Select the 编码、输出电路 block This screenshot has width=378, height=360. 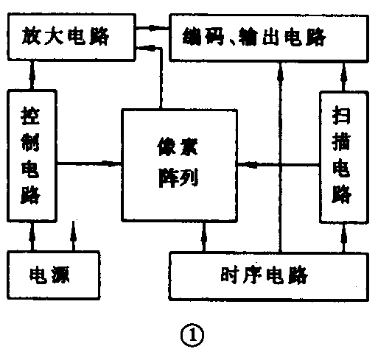[270, 35]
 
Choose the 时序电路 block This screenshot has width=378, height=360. [270, 275]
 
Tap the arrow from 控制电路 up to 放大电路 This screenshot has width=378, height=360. [32, 74]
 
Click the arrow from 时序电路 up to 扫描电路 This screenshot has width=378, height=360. [342, 236]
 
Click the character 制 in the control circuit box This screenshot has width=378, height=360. [32, 144]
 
